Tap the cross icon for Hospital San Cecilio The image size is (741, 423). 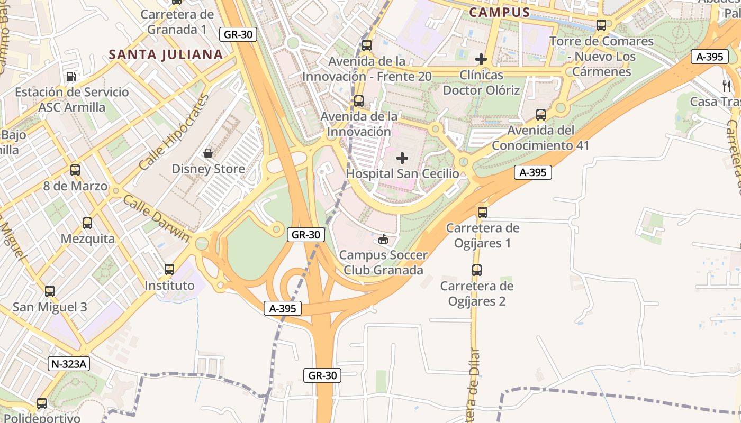pyautogui.click(x=402, y=158)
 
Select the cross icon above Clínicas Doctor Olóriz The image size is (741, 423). pyautogui.click(x=481, y=59)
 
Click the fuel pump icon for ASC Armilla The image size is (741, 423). pyautogui.click(x=71, y=77)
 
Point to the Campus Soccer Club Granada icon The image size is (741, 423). pyautogui.click(x=383, y=240)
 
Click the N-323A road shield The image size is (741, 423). pyautogui.click(x=69, y=364)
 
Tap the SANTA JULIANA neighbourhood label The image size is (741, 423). pyautogui.click(x=166, y=54)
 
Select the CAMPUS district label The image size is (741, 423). pyautogui.click(x=499, y=12)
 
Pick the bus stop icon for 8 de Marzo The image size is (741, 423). pyautogui.click(x=75, y=170)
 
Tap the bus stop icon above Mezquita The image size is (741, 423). pyautogui.click(x=87, y=223)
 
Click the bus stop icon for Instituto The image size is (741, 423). pyautogui.click(x=169, y=270)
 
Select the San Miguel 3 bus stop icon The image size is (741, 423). pyautogui.click(x=50, y=291)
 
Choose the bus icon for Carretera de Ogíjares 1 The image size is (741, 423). pyautogui.click(x=482, y=213)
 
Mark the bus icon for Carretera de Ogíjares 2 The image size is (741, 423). pyautogui.click(x=477, y=270)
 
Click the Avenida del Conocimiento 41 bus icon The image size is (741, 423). pyautogui.click(x=540, y=114)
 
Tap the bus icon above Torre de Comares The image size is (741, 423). pyautogui.click(x=601, y=25)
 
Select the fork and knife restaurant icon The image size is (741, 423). pyautogui.click(x=727, y=86)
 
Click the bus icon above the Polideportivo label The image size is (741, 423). pyautogui.click(x=42, y=403)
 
